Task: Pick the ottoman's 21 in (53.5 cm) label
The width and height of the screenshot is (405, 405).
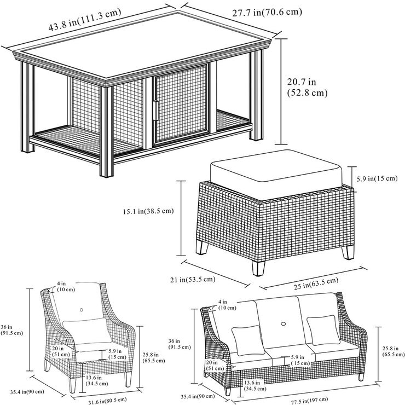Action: [x=193, y=280]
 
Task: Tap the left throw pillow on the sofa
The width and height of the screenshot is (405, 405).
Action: [x=247, y=337]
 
